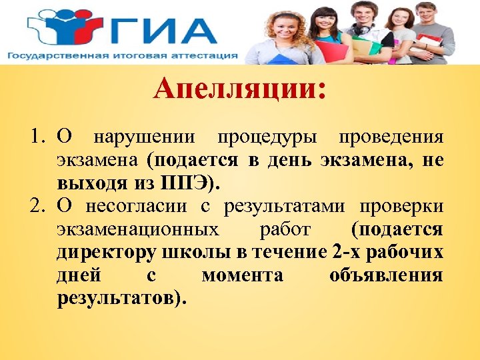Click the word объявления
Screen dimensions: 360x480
click(x=386, y=275)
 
